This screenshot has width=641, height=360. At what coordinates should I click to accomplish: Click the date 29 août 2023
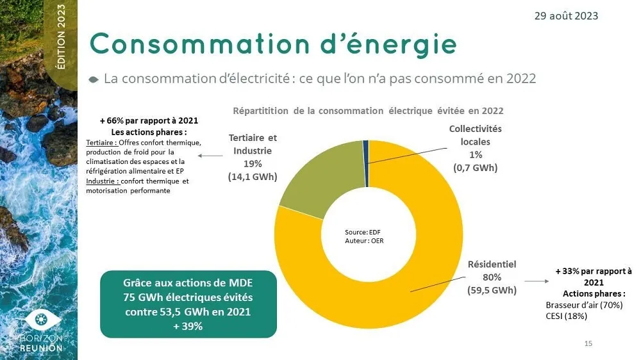pyautogui.click(x=566, y=15)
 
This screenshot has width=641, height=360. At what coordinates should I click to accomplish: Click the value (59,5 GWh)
pyautogui.click(x=492, y=290)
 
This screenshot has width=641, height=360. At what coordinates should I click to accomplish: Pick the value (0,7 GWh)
pyautogui.click(x=475, y=168)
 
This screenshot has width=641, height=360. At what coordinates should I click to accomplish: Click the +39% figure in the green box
pyautogui.click(x=188, y=326)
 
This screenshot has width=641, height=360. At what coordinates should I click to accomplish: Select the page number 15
pyautogui.click(x=588, y=345)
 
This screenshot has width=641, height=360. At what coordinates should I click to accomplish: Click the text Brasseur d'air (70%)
pyautogui.click(x=583, y=305)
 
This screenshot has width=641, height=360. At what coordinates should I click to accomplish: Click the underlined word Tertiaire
pyautogui.click(x=99, y=142)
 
